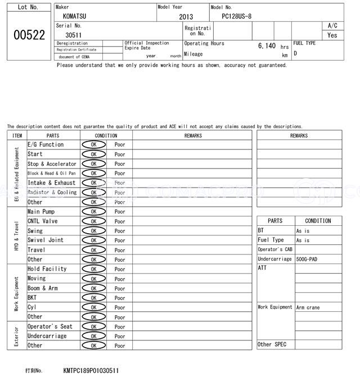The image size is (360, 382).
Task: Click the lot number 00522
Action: tap(29, 35)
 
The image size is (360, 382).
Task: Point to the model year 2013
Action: tap(186, 17)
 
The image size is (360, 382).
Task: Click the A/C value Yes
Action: tap(332, 35)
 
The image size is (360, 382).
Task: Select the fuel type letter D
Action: tap(295, 54)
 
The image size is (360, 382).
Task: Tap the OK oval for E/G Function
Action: tap(93, 145)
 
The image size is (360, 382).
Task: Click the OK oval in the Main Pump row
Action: tap(93, 212)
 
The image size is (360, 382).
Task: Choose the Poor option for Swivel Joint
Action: tap(120, 240)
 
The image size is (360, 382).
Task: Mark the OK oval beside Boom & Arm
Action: tap(93, 288)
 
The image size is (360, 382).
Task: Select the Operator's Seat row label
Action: tap(49, 326)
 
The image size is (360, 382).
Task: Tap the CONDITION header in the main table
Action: tap(106, 135)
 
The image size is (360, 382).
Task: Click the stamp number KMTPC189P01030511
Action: tap(91, 371)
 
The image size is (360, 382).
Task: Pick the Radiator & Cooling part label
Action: tap(52, 192)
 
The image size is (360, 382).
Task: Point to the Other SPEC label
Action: tap(272, 344)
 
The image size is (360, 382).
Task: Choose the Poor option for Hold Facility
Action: tap(120, 269)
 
